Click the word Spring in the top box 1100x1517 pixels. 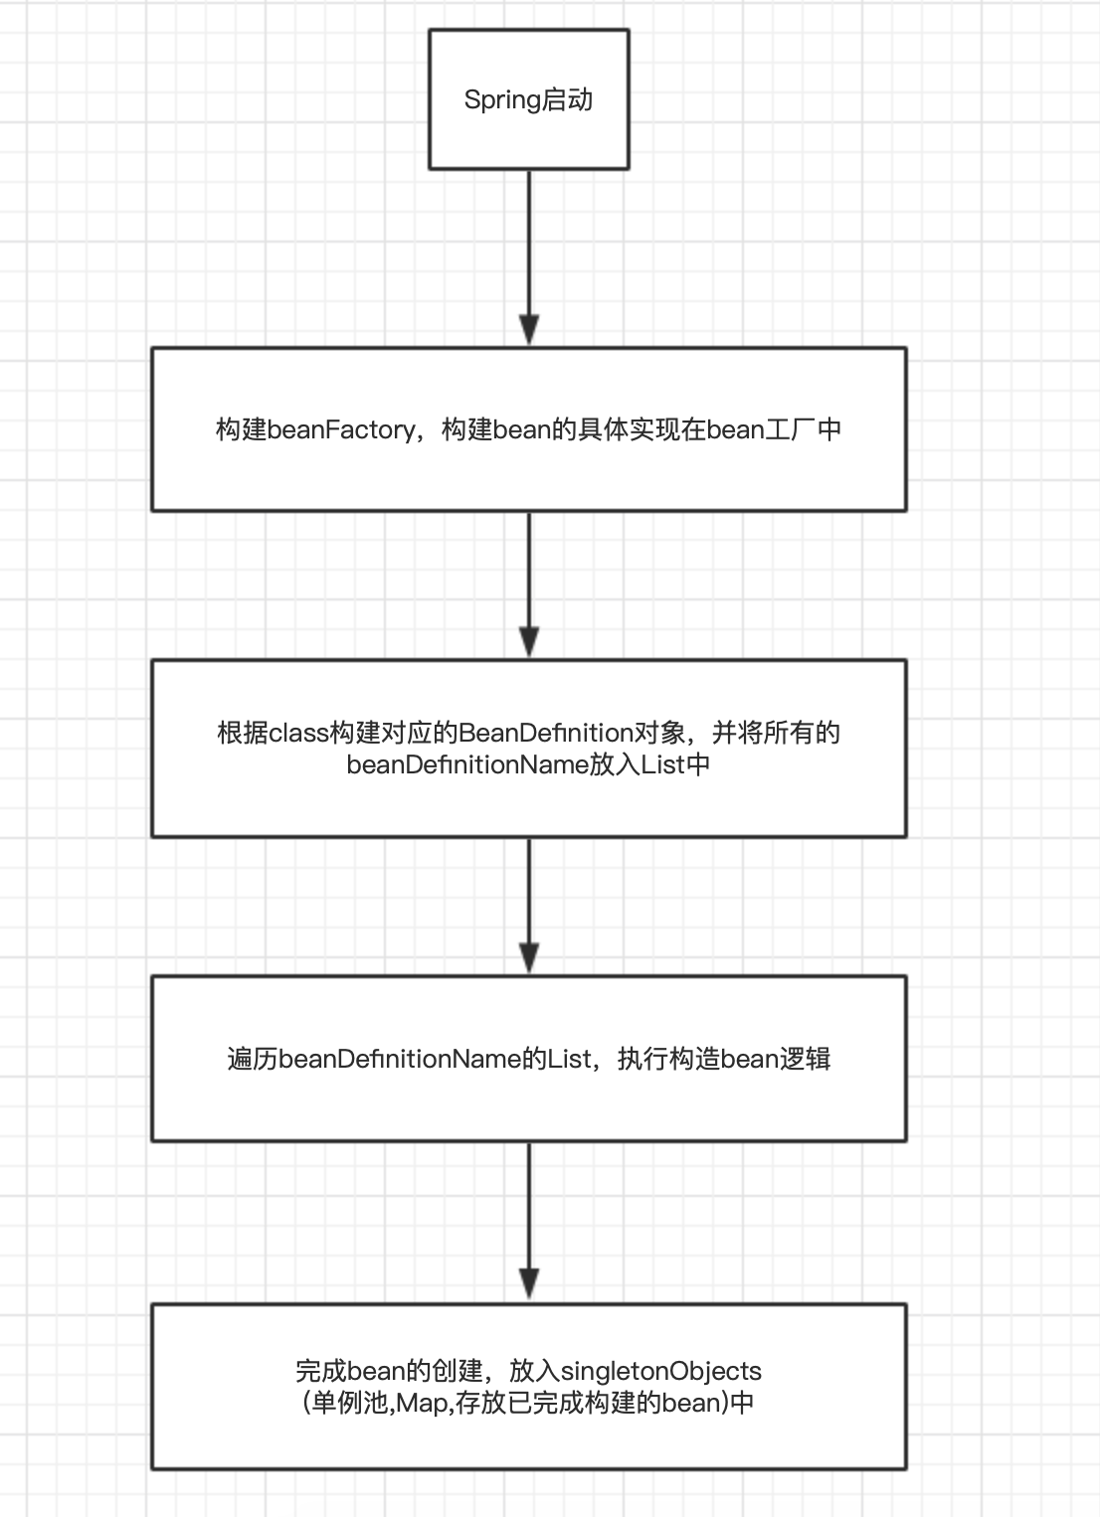(502, 100)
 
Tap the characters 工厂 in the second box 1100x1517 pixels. (791, 429)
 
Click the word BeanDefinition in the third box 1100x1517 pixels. (546, 734)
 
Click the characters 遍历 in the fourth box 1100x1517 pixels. (253, 1059)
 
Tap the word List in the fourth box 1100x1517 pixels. (570, 1059)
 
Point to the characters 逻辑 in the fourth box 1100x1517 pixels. (806, 1059)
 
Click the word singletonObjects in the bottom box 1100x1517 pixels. (661, 1372)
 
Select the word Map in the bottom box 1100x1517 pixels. (422, 1404)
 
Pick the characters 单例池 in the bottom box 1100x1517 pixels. (351, 1404)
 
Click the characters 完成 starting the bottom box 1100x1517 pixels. (320, 1372)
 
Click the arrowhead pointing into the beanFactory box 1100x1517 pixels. (529, 330)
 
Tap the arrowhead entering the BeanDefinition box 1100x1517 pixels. (529, 642)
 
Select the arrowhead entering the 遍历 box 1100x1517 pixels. (529, 958)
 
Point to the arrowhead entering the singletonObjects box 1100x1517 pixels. (529, 1284)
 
